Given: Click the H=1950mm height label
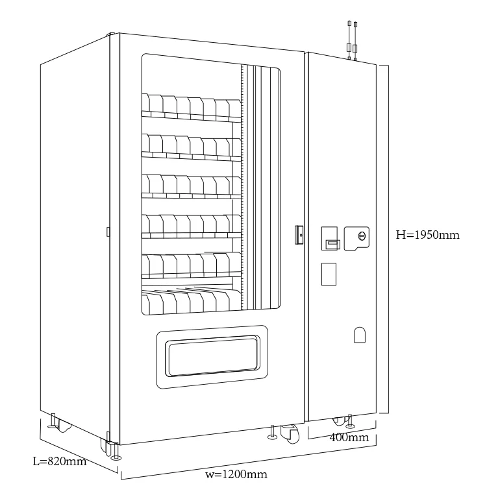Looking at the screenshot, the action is coord(427,235).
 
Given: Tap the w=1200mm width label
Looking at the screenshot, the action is coord(236,474).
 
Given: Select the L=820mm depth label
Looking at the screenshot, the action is coord(60,461).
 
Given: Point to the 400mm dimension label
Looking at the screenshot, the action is coord(349,437).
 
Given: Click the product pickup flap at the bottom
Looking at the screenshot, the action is coord(212,356).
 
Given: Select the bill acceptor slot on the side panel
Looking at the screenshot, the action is coord(332,243).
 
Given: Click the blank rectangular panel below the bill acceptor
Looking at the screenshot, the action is coord(329,273).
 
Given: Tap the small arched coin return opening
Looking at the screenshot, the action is coord(360,334).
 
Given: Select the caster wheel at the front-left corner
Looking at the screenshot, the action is coord(107,446).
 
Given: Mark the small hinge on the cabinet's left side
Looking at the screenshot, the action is coord(108,230).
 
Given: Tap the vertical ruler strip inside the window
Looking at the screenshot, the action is coord(242,188).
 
